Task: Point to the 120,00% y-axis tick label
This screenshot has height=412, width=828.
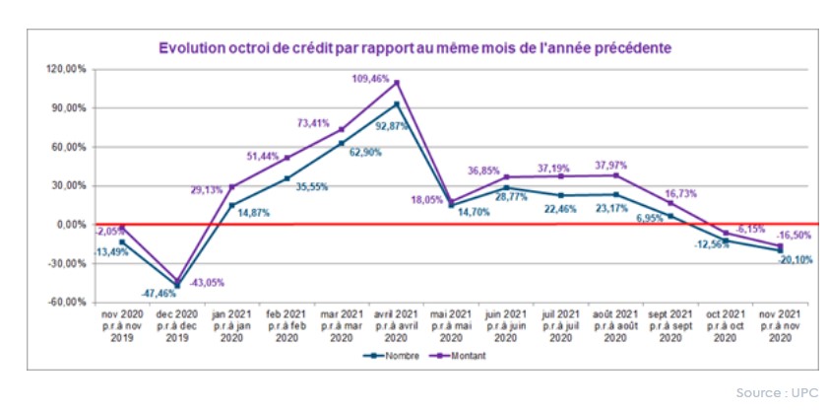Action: click(x=68, y=69)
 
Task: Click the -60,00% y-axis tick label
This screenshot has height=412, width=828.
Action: click(x=68, y=302)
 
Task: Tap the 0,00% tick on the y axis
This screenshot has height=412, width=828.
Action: click(x=72, y=224)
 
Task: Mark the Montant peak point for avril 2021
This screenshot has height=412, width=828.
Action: click(x=397, y=82)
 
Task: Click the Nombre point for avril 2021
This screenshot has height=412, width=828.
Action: click(x=397, y=103)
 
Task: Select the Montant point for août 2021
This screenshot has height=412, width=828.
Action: click(x=616, y=175)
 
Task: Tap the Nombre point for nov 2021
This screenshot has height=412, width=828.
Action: click(x=781, y=250)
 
